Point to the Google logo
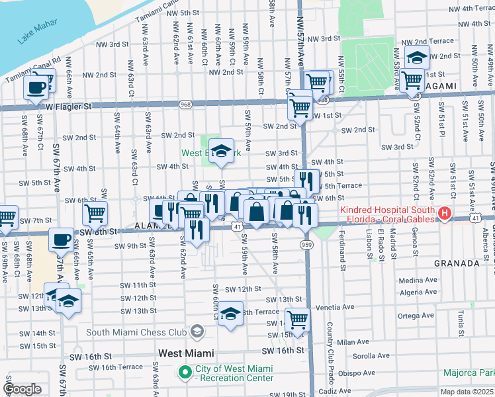[x=22, y=389]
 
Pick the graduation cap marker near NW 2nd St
[x=417, y=58]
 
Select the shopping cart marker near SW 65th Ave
[x=95, y=213]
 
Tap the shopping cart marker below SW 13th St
[x=298, y=320]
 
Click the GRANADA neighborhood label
[x=455, y=263]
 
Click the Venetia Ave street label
[x=339, y=307]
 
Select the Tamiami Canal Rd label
[x=33, y=66]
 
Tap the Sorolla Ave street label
[x=371, y=356]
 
